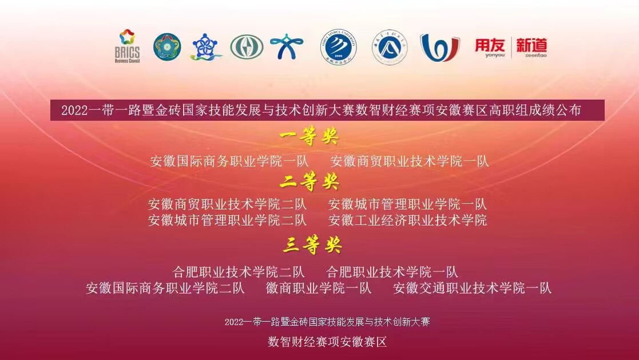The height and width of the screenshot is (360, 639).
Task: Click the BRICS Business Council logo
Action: click(127, 46)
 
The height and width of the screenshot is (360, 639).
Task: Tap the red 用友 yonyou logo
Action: click(490, 48)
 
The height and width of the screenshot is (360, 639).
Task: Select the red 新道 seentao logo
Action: click(531, 48)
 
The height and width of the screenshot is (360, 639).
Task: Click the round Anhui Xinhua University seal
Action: click(338, 46)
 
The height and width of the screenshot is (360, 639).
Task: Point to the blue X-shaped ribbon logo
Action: click(287, 46)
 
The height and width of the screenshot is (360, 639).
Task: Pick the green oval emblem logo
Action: click(247, 47)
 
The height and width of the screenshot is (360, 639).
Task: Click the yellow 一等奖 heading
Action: click(309, 136)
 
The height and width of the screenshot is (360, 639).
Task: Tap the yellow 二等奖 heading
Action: click(309, 181)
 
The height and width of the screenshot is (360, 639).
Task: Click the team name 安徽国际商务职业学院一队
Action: click(229, 161)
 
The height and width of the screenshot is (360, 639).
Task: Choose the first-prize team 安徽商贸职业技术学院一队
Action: click(410, 161)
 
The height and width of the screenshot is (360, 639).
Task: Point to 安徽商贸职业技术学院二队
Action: click(227, 204)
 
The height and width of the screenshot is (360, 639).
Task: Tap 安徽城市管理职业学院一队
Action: click(407, 204)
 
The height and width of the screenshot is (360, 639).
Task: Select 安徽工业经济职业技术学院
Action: click(407, 220)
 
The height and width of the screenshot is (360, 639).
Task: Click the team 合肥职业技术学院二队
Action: click(239, 271)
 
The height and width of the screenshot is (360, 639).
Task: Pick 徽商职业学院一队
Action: click(319, 288)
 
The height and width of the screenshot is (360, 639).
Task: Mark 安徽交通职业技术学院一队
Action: click(473, 288)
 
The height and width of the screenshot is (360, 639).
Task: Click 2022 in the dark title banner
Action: click(74, 110)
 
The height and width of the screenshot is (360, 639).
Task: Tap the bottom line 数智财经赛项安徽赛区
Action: click(327, 342)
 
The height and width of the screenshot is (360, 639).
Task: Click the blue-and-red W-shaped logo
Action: click(439, 48)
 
